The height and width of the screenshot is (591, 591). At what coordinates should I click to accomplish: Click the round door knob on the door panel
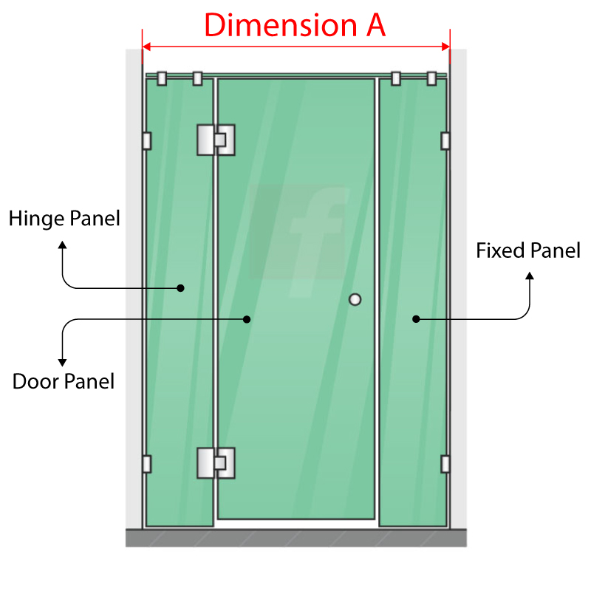tap(355, 300)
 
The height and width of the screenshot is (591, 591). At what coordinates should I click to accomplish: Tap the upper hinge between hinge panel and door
tap(216, 140)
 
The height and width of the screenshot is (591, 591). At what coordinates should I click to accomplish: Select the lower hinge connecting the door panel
tap(216, 463)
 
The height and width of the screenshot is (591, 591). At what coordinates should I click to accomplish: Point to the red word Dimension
tap(281, 25)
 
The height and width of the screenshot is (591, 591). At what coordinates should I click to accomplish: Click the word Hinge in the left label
tap(36, 219)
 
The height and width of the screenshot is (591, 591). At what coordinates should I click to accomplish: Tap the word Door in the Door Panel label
tap(35, 381)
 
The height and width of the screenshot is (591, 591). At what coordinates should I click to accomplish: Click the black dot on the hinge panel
tap(180, 288)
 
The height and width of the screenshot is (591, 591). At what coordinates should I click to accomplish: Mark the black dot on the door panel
tap(247, 319)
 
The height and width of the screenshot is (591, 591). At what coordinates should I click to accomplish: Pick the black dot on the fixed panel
tap(416, 319)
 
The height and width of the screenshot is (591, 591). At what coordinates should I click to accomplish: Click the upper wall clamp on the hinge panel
tap(147, 141)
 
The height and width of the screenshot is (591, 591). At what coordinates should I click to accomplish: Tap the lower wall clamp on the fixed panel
tap(445, 464)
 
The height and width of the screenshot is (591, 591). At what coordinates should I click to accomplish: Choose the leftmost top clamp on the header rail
tap(162, 78)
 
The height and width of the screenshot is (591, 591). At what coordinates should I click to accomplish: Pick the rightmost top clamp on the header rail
tap(431, 78)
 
